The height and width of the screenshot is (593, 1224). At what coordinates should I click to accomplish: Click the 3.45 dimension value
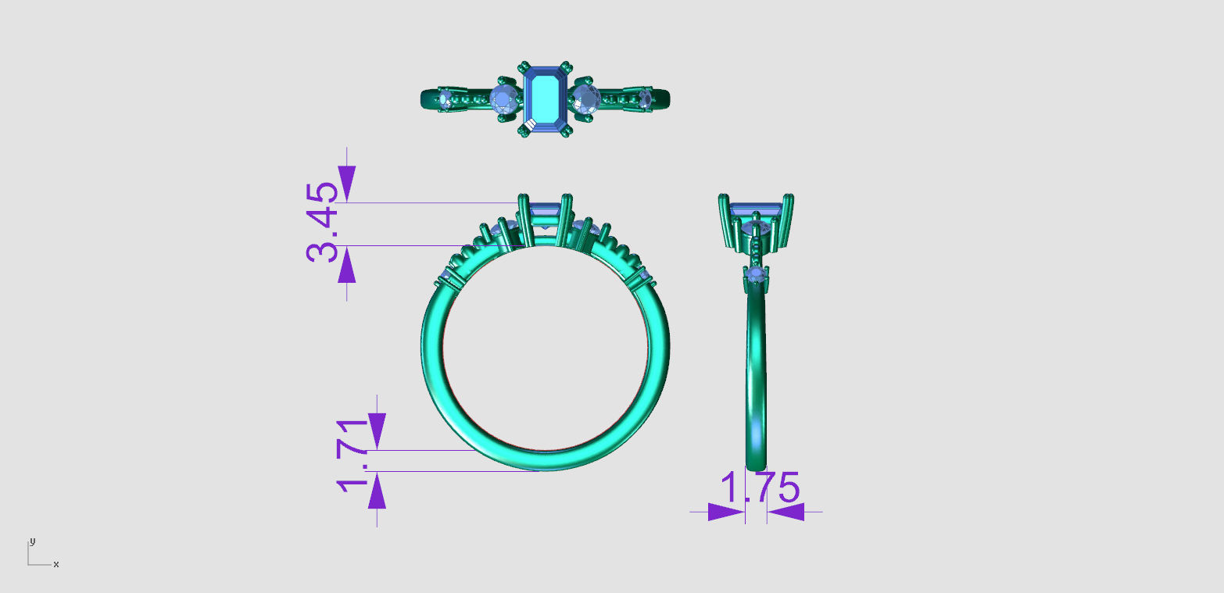(323, 222)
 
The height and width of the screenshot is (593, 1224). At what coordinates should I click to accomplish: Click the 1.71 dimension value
(353, 456)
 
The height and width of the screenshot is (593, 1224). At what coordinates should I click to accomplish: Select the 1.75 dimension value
(760, 488)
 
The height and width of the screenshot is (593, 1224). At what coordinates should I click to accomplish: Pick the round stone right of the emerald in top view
(586, 99)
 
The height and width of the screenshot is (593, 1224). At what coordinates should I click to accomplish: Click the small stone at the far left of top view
(446, 99)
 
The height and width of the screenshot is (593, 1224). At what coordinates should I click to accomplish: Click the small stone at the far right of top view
(646, 98)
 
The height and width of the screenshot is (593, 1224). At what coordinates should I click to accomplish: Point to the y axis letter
(33, 541)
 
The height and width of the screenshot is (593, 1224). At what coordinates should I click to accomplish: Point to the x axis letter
(55, 565)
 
